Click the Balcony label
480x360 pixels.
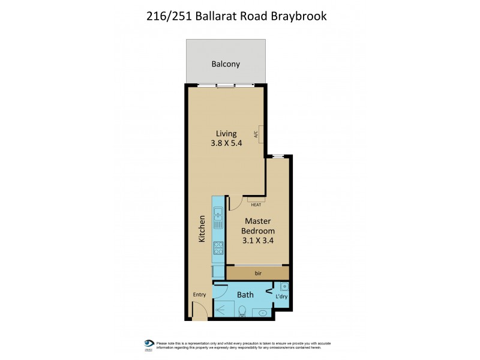[226, 64]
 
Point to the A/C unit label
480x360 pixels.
[256, 134]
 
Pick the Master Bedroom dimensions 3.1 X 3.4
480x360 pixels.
[258, 241]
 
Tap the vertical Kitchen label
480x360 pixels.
[202, 230]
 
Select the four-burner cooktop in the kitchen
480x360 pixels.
[218, 247]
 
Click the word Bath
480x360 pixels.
[245, 295]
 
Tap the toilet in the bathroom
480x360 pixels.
[242, 311]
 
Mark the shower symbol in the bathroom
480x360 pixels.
[224, 310]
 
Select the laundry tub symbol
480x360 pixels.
[284, 287]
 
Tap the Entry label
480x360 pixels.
[199, 295]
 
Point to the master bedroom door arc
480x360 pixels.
[235, 203]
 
